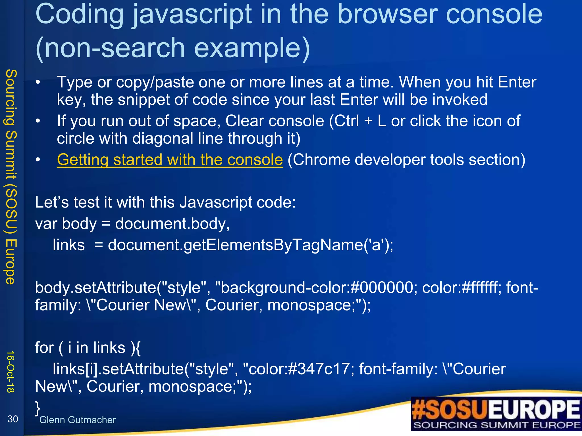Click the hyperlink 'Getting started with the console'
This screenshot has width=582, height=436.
click(170, 160)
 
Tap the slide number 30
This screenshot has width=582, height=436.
click(13, 419)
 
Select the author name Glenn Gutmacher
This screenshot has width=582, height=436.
click(77, 420)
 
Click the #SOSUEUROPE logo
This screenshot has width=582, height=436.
click(496, 410)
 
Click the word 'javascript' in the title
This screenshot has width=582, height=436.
click(192, 15)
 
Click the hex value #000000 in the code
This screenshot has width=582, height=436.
click(382, 288)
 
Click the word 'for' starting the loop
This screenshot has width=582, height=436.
click(44, 348)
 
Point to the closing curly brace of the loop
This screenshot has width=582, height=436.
click(38, 408)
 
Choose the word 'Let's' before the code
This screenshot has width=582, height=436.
click(52, 202)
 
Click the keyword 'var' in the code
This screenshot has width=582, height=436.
click(46, 224)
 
